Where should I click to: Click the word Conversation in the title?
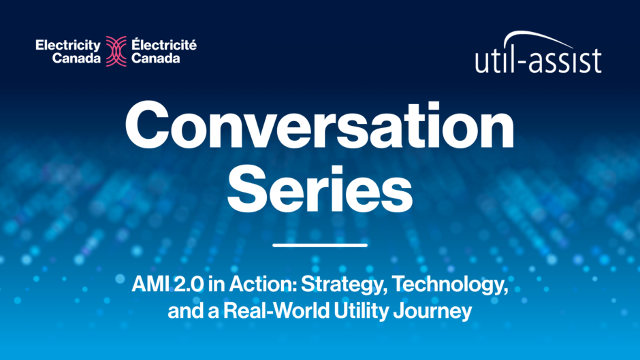[319, 126]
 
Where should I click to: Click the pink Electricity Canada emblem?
[116, 52]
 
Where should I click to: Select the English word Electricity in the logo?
[68, 46]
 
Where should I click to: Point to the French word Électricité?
[164, 44]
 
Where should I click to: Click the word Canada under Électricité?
[155, 59]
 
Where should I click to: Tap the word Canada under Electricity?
[76, 59]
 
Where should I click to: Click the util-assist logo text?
[538, 61]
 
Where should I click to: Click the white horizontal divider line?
[320, 245]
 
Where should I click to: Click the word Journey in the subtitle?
[432, 312]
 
